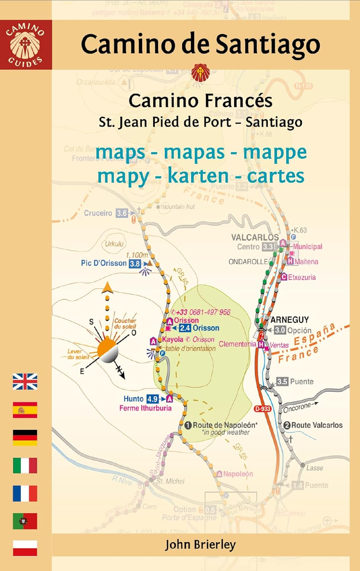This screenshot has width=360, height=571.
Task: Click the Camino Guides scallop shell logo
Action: pos(25,45)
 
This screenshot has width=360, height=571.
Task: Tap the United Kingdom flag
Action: pos(25,381)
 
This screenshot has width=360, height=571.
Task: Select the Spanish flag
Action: pos(25,410)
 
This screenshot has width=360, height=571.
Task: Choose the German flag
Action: pos(25,438)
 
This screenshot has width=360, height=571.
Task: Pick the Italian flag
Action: pos(25,466)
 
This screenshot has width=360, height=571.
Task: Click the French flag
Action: pos(25,493)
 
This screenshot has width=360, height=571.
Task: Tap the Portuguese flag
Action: pos(25,521)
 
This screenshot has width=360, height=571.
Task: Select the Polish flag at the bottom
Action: pos(25,548)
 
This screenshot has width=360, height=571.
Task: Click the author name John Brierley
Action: pos(200,545)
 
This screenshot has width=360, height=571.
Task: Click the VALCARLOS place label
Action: pos(255,237)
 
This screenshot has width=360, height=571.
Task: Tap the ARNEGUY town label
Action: pos(290,320)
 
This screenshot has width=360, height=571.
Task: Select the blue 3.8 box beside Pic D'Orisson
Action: pos(135,263)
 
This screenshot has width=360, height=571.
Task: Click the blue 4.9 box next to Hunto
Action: pos(152,399)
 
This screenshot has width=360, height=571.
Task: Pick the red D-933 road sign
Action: pos(263,409)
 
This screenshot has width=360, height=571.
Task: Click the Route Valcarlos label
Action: pos(317,425)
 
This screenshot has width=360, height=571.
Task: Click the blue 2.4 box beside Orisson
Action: pos(185,328)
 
